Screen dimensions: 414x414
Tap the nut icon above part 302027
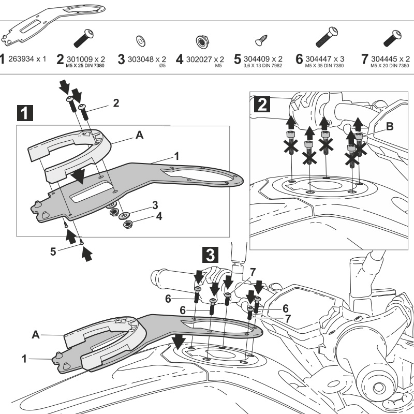coord(199,40)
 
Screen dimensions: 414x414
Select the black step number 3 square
coord(210,254)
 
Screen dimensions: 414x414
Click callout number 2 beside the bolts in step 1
coord(116,103)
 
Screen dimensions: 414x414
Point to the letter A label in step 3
coord(35,335)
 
